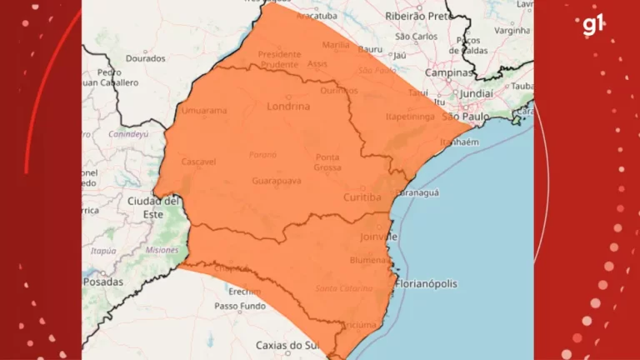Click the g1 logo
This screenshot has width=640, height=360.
(x=593, y=25)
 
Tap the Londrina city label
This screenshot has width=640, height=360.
(x=288, y=107)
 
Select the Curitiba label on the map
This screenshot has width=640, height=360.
(x=362, y=197)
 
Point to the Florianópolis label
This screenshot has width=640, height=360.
(x=427, y=283)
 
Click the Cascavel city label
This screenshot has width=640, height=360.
(x=200, y=161)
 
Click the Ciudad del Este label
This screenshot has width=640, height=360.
(x=154, y=207)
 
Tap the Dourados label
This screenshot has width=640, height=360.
(x=146, y=58)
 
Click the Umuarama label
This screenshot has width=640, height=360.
(x=201, y=108)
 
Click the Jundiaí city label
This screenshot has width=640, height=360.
(x=476, y=92)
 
